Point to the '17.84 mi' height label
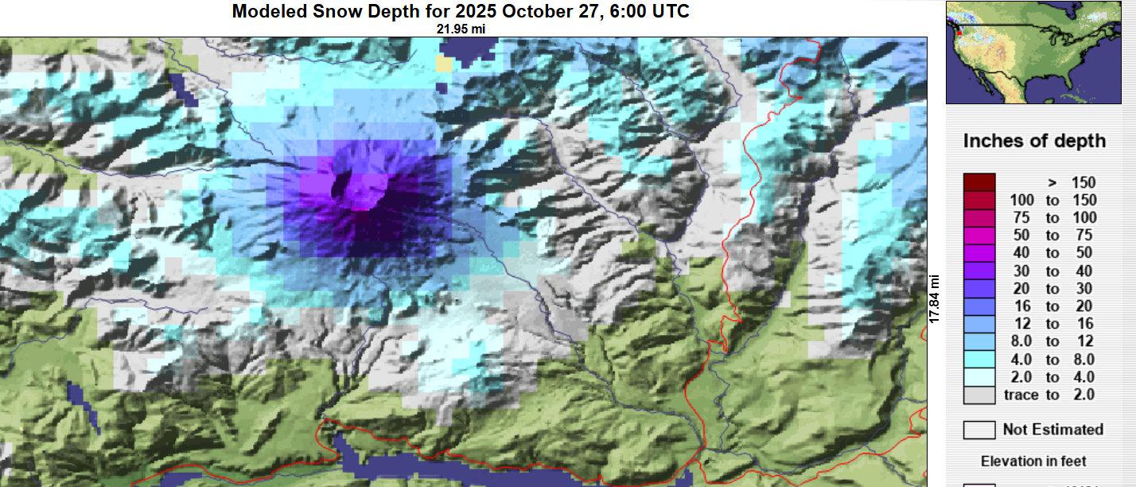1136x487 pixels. [936, 298]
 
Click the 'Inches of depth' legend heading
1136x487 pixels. [1034, 141]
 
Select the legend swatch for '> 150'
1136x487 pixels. [978, 182]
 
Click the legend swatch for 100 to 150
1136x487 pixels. [978, 200]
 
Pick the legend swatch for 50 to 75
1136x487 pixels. [978, 236]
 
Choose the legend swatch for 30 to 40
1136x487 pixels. [978, 271]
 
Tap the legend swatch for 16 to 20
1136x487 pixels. [978, 306]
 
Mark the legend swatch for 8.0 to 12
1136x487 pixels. [978, 341]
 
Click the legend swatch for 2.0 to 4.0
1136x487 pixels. [978, 377]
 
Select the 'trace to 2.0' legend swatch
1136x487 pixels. [978, 395]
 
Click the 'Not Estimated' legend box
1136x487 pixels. [978, 430]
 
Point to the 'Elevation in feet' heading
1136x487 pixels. [1033, 462]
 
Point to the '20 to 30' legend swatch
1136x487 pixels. [978, 288]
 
